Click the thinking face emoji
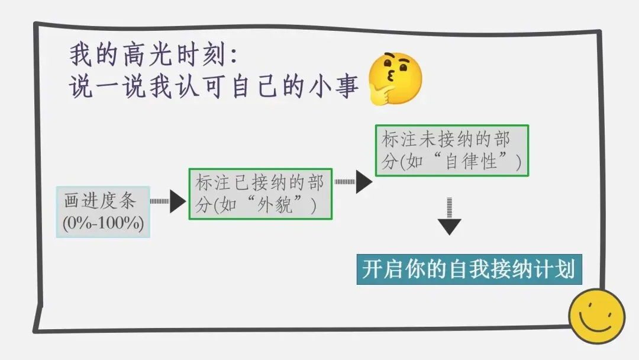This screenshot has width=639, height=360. pos(395,78)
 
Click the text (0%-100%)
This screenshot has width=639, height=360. pos(104,225)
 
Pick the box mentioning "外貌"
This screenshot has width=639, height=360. pos(260,194)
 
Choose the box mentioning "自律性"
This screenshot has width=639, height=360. pos(452,150)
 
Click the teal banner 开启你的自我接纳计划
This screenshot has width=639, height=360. pos(469,269)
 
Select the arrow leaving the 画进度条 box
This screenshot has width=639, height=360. pos(168,201)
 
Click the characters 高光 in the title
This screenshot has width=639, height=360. pos(143,56)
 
